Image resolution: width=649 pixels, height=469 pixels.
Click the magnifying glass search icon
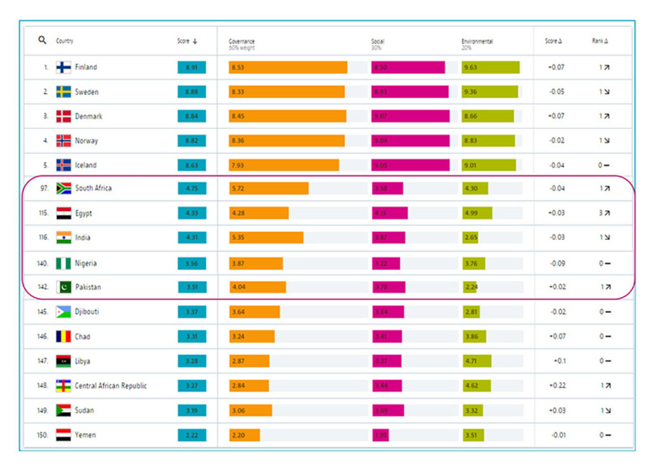coord(42,40)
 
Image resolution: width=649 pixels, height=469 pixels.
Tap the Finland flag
coord(63,67)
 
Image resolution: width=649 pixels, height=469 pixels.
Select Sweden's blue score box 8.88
coord(191,92)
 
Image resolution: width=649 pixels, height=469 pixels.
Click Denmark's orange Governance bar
coord(288,116)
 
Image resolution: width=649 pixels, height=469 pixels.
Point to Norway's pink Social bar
coord(410,141)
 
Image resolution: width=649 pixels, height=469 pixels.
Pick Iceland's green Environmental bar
coord(489,165)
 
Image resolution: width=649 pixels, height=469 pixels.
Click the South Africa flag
coord(63,188)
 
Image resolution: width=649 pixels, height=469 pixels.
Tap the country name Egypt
coord(84,213)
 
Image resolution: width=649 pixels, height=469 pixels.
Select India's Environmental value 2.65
coord(470,238)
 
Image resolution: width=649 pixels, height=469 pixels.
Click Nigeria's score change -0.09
coord(557,263)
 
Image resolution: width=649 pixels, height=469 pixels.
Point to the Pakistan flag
coord(63,287)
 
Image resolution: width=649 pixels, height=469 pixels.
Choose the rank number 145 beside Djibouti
coord(42,312)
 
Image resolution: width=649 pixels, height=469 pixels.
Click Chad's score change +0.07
coord(557,336)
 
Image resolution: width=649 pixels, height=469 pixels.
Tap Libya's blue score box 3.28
coord(191,361)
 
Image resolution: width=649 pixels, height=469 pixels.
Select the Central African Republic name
coord(111,385)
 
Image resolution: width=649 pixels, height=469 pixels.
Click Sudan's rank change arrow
coord(607,410)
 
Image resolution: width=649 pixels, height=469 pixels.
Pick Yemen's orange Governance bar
coord(245,435)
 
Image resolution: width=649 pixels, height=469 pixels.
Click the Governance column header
coord(241,42)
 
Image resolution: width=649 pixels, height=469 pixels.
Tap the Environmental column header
coord(477,42)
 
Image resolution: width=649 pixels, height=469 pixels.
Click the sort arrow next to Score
coord(195,41)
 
